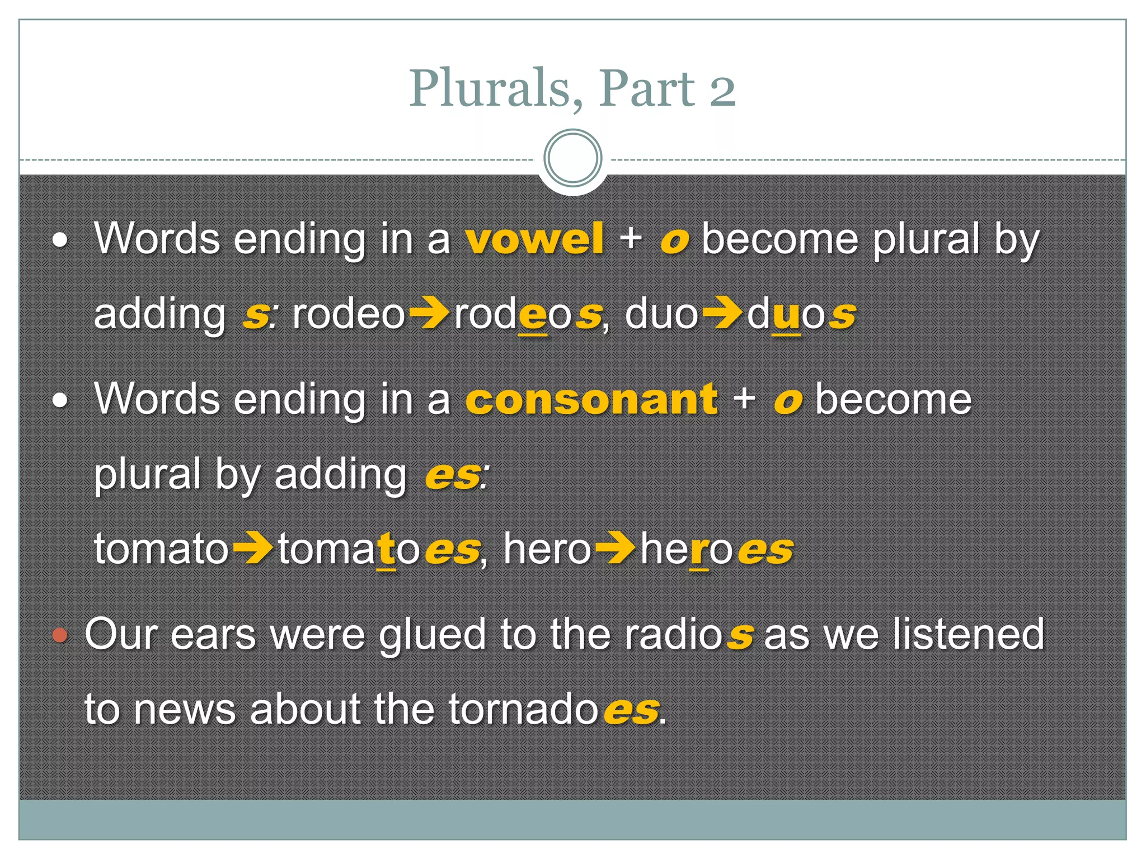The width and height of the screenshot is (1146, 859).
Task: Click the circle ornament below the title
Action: click(x=572, y=158)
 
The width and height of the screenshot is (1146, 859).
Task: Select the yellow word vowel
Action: click(x=535, y=239)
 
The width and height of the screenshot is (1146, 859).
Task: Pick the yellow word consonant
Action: click(x=591, y=399)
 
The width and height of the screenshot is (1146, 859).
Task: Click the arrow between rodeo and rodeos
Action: click(x=429, y=314)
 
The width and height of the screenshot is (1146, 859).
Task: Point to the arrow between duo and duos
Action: click(x=722, y=314)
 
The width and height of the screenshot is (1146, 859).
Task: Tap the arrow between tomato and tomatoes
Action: click(x=252, y=549)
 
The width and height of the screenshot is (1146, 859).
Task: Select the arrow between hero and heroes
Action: click(x=615, y=549)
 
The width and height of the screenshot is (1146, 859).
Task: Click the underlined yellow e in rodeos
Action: click(x=533, y=316)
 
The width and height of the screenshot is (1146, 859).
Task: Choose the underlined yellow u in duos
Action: click(x=786, y=316)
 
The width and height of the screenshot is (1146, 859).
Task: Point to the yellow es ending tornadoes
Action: click(x=631, y=710)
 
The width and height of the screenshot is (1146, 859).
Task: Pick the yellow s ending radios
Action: click(x=739, y=636)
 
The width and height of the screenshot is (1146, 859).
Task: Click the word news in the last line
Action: click(x=185, y=710)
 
